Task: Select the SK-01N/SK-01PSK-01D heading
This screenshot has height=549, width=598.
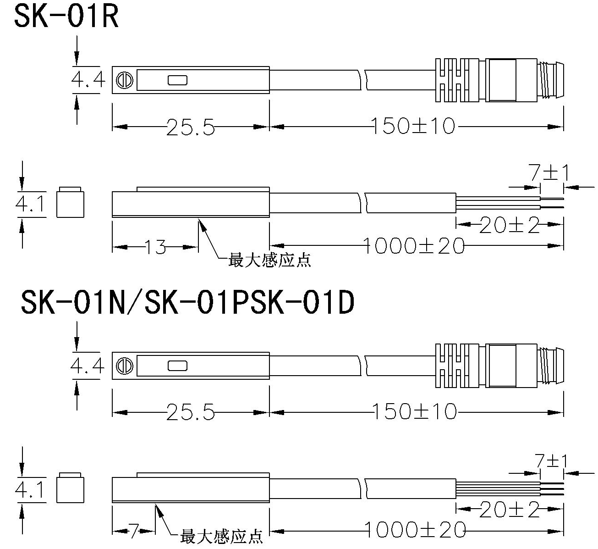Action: [188, 303]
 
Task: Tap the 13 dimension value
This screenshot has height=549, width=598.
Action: [156, 247]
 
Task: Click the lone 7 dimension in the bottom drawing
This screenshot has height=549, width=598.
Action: [133, 531]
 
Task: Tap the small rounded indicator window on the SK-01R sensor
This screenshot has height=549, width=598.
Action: [177, 81]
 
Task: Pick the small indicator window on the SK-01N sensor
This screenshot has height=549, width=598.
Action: [177, 366]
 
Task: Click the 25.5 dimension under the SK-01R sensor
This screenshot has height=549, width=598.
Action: [190, 127]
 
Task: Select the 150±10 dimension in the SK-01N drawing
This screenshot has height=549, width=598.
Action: [414, 411]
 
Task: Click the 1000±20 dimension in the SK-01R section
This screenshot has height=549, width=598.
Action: [414, 246]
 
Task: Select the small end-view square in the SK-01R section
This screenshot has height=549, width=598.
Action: [71, 202]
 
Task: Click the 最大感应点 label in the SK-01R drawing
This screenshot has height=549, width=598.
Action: [269, 261]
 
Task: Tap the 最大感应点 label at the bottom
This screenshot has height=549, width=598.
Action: [222, 536]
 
